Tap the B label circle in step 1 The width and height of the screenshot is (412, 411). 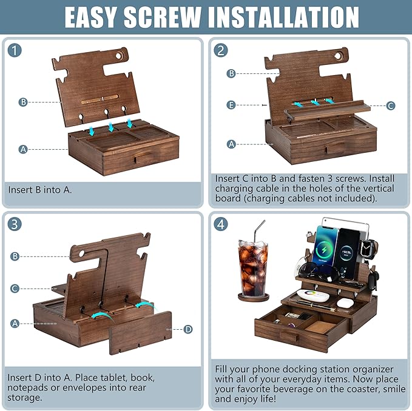tap(23, 102)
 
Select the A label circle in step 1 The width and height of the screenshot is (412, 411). tap(23, 149)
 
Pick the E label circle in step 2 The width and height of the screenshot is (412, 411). tap(231, 105)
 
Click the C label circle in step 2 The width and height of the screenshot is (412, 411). tap(390, 105)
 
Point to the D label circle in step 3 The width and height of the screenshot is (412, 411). tap(187, 329)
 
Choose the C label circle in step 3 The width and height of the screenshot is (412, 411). tap(15, 289)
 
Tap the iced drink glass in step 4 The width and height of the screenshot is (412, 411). tap(252, 267)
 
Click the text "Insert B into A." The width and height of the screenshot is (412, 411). tap(40, 190)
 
